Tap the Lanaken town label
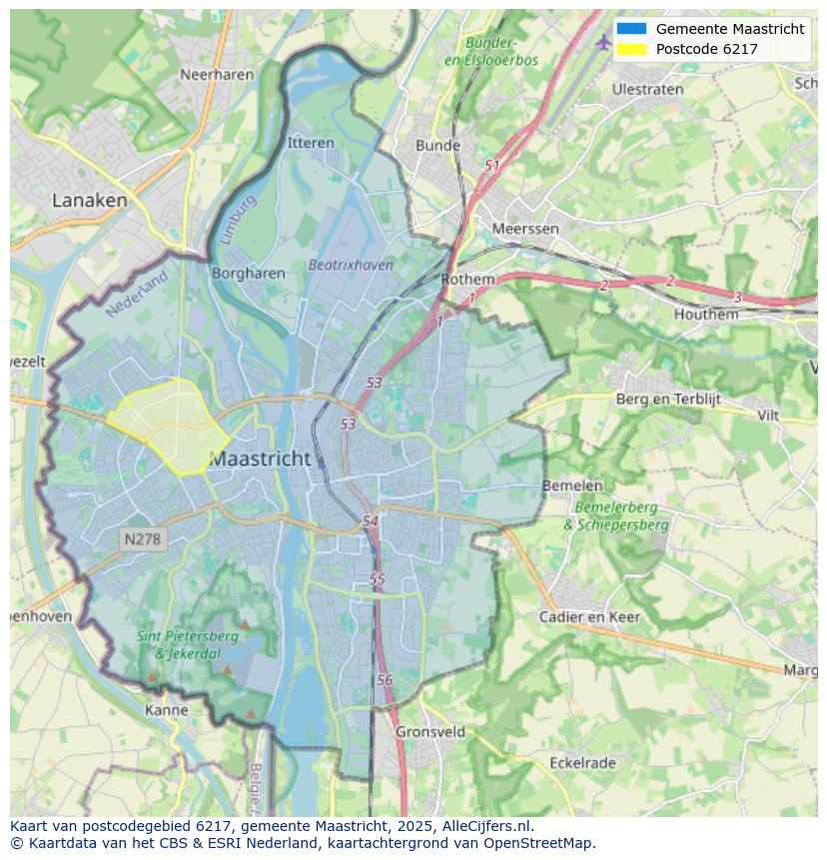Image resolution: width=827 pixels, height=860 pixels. [90, 200]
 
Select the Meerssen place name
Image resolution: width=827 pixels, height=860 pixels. [525, 229]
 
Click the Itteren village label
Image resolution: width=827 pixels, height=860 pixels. [311, 143]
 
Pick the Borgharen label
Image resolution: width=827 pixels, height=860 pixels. [248, 273]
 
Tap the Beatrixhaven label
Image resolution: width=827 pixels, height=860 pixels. [351, 265]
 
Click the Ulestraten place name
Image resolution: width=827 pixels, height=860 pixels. [647, 89]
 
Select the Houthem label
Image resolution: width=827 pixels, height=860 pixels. [706, 314]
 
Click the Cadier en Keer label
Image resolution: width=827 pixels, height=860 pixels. [589, 616]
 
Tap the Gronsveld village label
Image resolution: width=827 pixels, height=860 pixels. [430, 731]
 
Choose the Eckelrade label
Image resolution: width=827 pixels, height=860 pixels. [582, 762]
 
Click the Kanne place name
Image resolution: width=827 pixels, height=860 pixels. [167, 710]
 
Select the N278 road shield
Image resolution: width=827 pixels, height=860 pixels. [142, 539]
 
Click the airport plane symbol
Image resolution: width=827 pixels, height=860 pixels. [603, 41]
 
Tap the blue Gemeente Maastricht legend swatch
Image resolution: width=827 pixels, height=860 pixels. [631, 29]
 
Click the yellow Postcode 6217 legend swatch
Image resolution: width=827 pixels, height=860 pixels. [631, 49]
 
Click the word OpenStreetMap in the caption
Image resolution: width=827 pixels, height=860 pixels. [540, 843]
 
